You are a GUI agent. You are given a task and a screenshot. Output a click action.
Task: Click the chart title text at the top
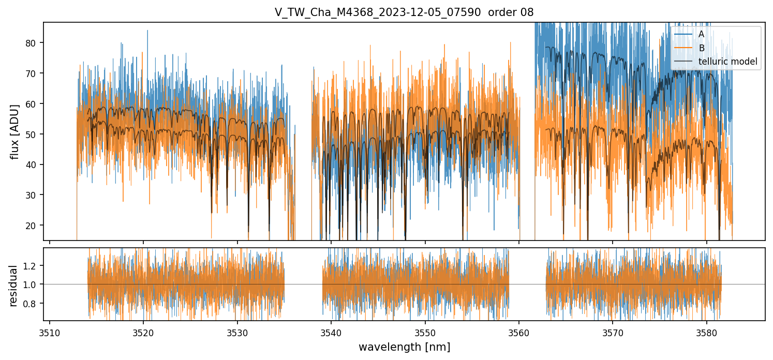tap(404, 12)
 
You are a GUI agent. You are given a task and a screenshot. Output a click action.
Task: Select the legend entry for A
tap(701, 34)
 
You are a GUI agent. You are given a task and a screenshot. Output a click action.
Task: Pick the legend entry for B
tap(701, 48)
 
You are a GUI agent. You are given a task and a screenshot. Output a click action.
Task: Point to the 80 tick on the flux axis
tap(33, 43)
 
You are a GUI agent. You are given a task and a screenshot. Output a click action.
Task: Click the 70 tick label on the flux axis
tap(33, 73)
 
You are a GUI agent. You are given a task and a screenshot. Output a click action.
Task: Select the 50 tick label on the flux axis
tap(33, 134)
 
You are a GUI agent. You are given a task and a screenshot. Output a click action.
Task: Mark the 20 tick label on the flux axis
tap(33, 226)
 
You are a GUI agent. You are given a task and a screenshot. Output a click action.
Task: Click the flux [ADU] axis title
tap(16, 131)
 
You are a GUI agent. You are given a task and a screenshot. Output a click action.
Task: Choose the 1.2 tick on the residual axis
tap(30, 266)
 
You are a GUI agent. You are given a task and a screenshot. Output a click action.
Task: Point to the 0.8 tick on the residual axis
tap(30, 303)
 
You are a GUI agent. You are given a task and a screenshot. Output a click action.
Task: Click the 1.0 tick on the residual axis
tap(30, 284)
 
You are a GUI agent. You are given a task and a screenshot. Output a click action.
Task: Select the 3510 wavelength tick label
tap(50, 332)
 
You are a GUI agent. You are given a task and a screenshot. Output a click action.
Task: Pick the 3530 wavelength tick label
tap(237, 332)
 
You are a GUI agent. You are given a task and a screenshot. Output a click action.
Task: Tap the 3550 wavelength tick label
tap(425, 332)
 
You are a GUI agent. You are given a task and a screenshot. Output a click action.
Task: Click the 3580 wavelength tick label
tap(706, 332)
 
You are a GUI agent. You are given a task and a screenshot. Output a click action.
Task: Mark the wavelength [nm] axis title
tap(404, 347)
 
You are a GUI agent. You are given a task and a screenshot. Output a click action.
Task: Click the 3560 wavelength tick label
tap(519, 332)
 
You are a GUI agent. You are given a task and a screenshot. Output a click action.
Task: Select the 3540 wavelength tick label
tap(331, 332)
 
